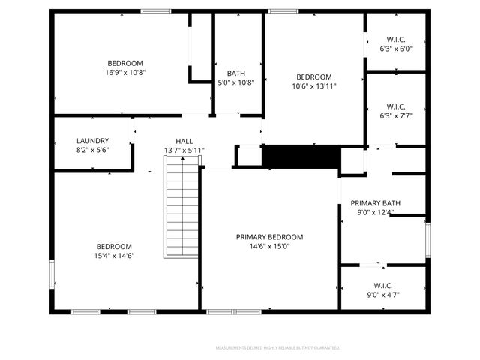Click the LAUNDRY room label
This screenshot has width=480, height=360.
pyautogui.click(x=93, y=140)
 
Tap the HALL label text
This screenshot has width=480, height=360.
pyautogui.click(x=184, y=141)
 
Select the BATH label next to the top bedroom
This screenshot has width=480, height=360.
pyautogui.click(x=236, y=73)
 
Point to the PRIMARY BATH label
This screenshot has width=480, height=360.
pyautogui.click(x=376, y=203)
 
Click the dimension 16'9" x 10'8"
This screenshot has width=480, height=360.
pyautogui.click(x=125, y=73)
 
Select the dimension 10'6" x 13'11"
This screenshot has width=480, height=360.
pyautogui.click(x=314, y=86)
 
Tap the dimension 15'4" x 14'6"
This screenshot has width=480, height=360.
pyautogui.click(x=114, y=256)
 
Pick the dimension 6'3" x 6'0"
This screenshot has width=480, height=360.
pyautogui.click(x=396, y=49)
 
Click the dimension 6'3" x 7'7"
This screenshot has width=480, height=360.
pyautogui.click(x=396, y=115)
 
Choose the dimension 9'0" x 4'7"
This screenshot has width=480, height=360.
pyautogui.click(x=383, y=295)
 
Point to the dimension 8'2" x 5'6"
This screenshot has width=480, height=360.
pyautogui.click(x=93, y=150)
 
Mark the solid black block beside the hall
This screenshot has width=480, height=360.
pyautogui.click(x=300, y=157)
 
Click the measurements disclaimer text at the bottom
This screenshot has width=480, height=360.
pyautogui.click(x=277, y=348)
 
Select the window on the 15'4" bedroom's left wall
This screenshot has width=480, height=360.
pyautogui.click(x=52, y=273)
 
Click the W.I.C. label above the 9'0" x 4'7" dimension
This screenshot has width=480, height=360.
pyautogui.click(x=383, y=285)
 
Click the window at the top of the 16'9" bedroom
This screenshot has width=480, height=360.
pyautogui.click(x=155, y=11)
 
